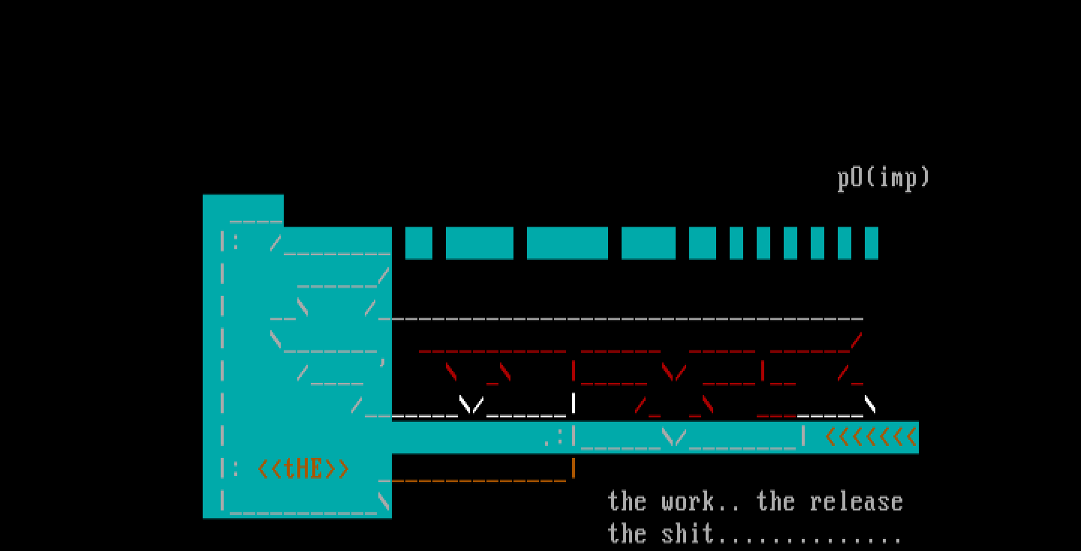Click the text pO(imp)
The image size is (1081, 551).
coord(884,178)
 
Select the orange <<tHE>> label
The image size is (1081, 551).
coord(303,469)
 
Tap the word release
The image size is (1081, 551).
coord(857,501)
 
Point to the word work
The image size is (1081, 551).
coord(688,501)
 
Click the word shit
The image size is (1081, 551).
coord(688,534)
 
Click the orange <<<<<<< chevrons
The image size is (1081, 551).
coord(871,437)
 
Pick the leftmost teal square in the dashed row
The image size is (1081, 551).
coord(419,243)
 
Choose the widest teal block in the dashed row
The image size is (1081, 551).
coord(567,243)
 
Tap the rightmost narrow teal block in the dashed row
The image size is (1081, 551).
coord(871,243)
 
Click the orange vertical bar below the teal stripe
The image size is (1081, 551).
coord(574,468)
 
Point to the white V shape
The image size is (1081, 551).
coord(471,405)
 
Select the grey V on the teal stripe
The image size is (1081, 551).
coord(675,437)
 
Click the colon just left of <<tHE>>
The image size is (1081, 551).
coord(236,469)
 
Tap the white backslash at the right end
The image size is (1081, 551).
coord(870,405)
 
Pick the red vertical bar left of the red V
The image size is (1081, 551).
coord(574,372)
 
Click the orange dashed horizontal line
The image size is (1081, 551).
coord(473,479)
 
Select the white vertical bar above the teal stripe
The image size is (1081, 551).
coord(574,404)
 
